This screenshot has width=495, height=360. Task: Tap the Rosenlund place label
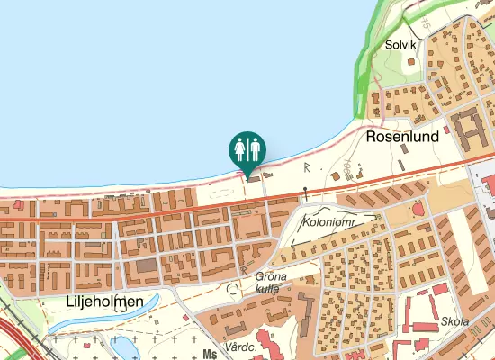tap(402, 137)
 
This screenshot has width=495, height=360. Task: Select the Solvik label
tap(400, 44)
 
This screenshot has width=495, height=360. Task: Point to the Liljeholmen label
tap(104, 301)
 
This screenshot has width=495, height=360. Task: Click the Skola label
tap(454, 322)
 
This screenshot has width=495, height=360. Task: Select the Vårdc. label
tap(242, 346)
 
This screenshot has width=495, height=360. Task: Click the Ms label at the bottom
tap(211, 354)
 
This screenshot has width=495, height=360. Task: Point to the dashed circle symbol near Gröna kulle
tap(236, 289)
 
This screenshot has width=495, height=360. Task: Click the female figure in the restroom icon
tap(240, 148)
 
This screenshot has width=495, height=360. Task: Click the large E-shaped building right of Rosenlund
tap(468, 129)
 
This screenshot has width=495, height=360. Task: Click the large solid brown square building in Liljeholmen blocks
tap(145, 266)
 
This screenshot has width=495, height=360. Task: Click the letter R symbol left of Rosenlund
tap(307, 166)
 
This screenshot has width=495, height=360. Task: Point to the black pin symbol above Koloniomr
tap(306, 192)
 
